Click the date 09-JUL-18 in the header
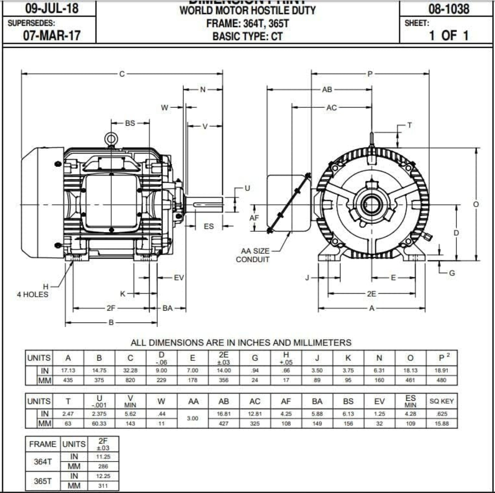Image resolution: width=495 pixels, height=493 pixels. click(52, 8)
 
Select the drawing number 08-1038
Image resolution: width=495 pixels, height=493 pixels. click(449, 9)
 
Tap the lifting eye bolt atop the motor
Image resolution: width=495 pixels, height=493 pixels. click(111, 138)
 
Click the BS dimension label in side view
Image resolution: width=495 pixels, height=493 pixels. click(130, 123)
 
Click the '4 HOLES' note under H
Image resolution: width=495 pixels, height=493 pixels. click(33, 294)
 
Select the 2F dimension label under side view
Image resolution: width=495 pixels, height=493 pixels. click(111, 308)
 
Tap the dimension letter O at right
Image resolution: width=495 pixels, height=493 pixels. click(476, 204)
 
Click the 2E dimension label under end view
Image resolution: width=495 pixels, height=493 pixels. click(371, 294)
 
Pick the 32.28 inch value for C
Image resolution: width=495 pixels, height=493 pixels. click(130, 370)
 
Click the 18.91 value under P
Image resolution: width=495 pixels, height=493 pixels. click(441, 370)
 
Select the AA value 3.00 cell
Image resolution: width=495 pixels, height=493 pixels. click(193, 418)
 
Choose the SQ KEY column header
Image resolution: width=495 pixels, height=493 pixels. click(441, 401)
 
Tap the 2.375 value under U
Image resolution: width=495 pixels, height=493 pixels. click(99, 414)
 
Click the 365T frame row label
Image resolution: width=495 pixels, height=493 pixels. click(43, 481)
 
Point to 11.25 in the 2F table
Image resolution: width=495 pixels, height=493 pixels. click(103, 457)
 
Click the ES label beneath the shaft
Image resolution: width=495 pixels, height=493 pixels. click(209, 226)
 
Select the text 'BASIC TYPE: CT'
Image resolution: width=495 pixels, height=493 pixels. click(247, 36)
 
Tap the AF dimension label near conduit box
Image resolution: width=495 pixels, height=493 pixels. click(254, 218)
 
